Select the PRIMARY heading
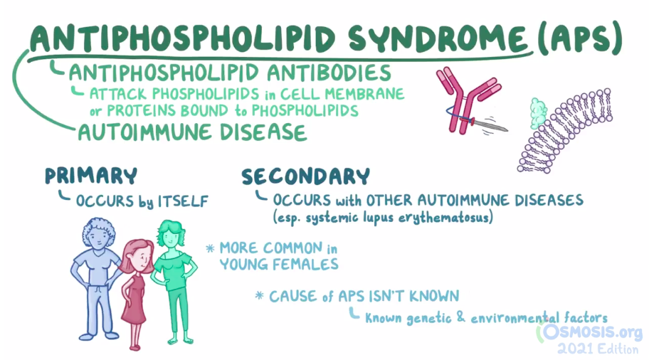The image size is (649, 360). point(90,176)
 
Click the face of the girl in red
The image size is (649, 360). point(136,257)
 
